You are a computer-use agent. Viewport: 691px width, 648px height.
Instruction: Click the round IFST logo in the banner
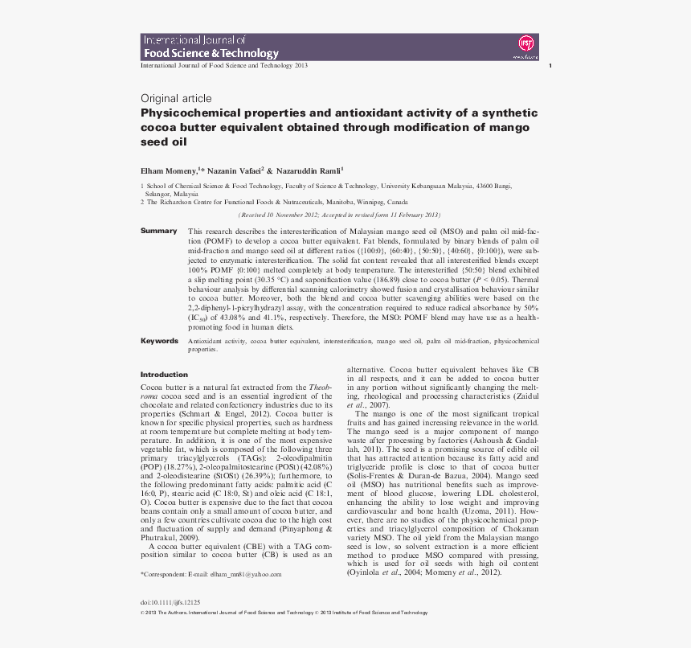click(527, 43)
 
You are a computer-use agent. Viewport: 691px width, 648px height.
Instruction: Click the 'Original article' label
click(176, 98)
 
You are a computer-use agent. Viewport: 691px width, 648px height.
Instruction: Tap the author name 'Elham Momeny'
click(169, 170)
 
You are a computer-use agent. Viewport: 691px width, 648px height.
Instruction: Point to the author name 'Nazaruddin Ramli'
click(310, 170)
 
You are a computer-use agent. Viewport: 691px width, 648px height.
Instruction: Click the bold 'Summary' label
click(158, 232)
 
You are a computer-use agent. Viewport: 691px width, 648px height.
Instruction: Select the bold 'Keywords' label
click(159, 341)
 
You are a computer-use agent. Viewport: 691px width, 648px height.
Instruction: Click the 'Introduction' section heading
click(164, 375)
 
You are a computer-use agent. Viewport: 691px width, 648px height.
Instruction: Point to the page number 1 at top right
click(549, 66)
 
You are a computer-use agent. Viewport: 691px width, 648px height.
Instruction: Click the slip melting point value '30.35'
click(261, 276)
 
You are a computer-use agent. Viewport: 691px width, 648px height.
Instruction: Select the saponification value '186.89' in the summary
click(387, 276)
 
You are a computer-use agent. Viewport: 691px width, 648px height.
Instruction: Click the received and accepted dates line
click(340, 215)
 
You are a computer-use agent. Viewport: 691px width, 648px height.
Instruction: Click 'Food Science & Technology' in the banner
click(211, 54)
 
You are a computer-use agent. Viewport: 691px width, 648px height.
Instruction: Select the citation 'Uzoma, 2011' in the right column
click(476, 511)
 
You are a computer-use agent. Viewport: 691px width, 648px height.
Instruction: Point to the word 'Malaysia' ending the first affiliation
click(186, 194)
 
